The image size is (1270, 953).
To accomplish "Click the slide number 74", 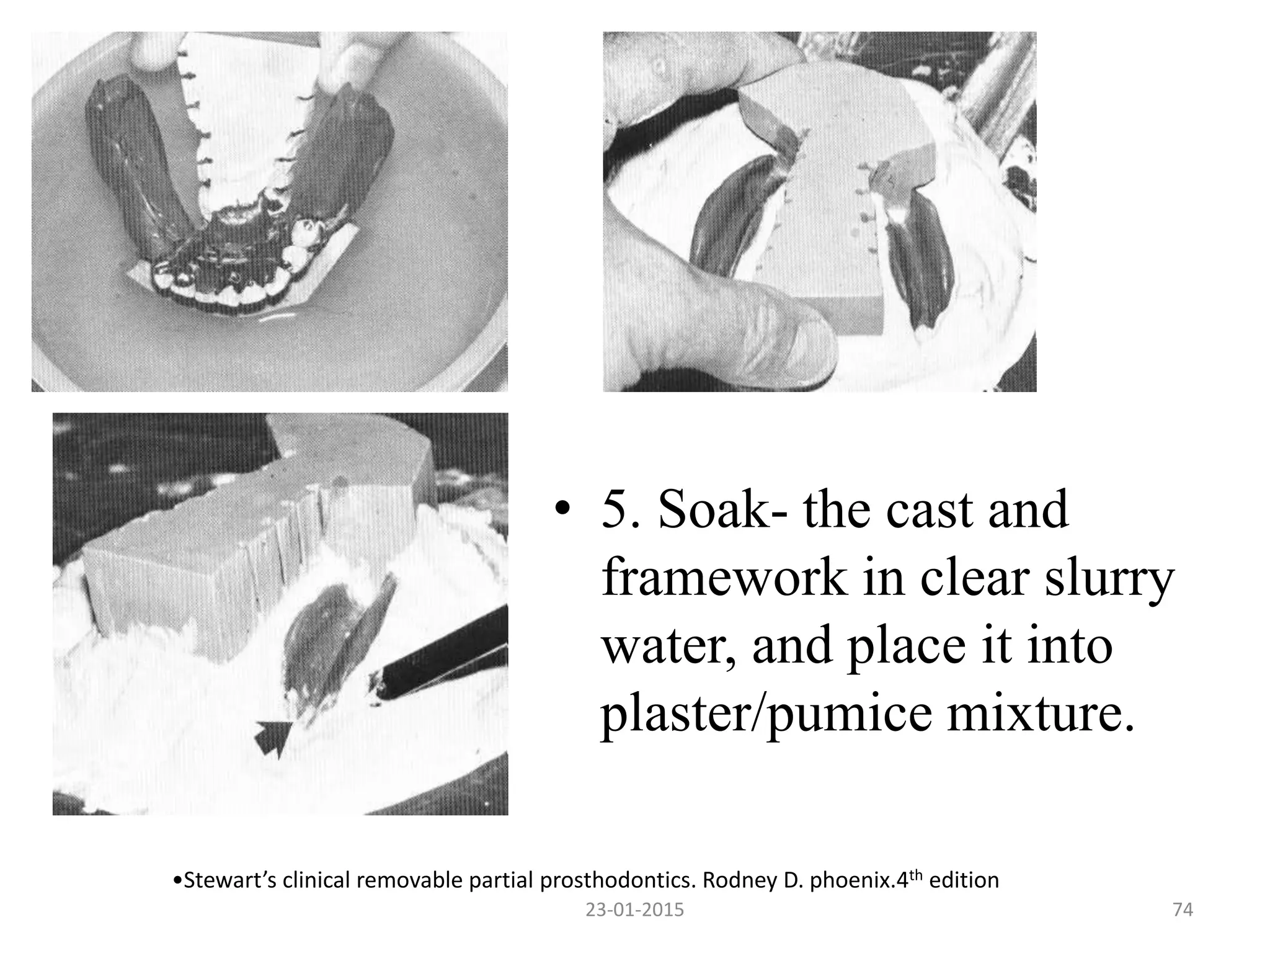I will click(1183, 910).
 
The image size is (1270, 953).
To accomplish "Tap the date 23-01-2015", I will click(635, 910).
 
